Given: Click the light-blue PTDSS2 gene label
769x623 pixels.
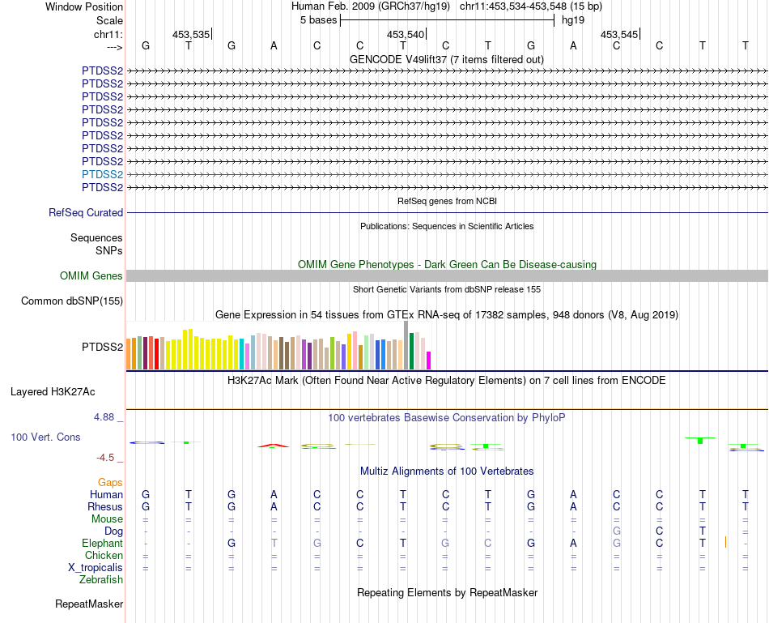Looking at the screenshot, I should coord(102,174).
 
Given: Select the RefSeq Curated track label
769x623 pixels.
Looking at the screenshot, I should coord(86,212).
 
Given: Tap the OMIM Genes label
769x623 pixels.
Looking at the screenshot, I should coord(91,276).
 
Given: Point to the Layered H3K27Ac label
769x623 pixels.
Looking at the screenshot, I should coord(53,391).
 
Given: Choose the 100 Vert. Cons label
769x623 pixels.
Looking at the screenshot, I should coord(45,437).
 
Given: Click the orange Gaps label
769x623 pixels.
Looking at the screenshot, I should coord(110,482).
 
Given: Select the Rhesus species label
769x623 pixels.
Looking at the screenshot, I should coord(105,506).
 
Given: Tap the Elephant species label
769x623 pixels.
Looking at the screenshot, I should coord(102,543).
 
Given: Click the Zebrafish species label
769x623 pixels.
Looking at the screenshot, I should coord(101,579).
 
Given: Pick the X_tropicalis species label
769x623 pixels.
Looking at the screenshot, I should coord(96,567).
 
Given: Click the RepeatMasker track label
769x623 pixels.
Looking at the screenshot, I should coord(89,604).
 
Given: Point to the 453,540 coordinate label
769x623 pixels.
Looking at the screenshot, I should coord(406,34).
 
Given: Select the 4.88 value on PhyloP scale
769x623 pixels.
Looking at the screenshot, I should coord(106,417).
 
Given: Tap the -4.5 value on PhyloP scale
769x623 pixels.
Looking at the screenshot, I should coord(108,457).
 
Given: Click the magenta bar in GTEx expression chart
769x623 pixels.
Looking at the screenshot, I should coord(429,360).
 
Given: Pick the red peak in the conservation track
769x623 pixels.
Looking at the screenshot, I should coord(274,445).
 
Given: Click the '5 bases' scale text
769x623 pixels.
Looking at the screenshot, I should coord(318,19).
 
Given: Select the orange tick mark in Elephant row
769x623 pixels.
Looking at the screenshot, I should coord(726,542).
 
